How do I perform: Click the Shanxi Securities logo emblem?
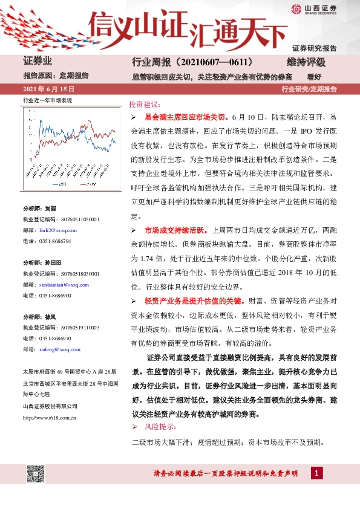click(296, 8)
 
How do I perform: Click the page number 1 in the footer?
click(315, 473)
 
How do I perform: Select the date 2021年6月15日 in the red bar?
click(44, 89)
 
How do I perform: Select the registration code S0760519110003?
click(73, 328)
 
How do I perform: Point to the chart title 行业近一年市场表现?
click(47, 100)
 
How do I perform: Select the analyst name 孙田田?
click(54, 264)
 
